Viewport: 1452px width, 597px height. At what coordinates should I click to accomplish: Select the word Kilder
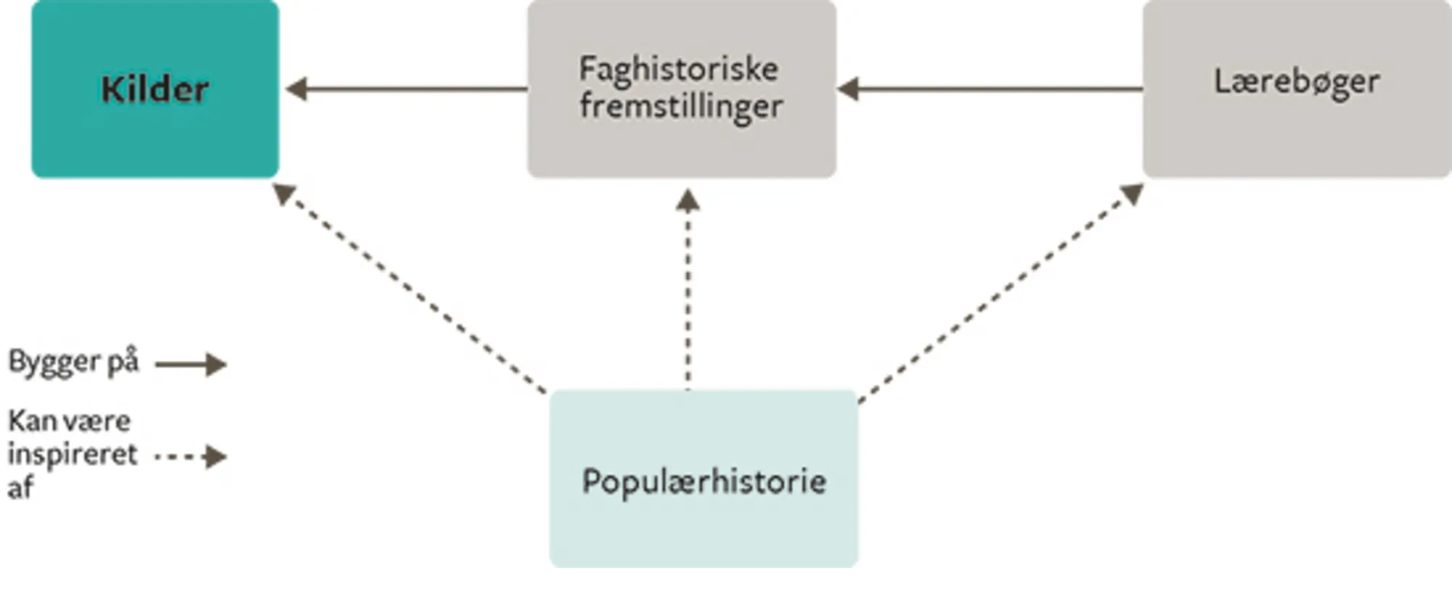pyautogui.click(x=155, y=89)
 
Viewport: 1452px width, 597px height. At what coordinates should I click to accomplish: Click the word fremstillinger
pyautogui.click(x=681, y=107)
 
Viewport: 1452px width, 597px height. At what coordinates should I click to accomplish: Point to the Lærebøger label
pyautogui.click(x=1297, y=81)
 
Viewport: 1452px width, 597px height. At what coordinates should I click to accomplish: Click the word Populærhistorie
pyautogui.click(x=703, y=482)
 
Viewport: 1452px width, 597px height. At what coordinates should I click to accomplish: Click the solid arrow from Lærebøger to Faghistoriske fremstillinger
pyautogui.click(x=995, y=89)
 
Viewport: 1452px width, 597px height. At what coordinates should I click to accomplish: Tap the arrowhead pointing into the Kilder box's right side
pyautogui.click(x=296, y=89)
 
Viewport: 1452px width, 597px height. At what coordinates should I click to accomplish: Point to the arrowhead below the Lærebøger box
pyautogui.click(x=1133, y=193)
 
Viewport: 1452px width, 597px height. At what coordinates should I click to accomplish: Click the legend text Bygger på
pyautogui.click(x=73, y=361)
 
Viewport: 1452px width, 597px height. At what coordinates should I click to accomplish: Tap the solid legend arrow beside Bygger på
pyautogui.click(x=191, y=364)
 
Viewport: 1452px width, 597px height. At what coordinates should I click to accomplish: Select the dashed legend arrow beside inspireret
pyautogui.click(x=191, y=457)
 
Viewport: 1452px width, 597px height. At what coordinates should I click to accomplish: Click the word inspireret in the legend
pyautogui.click(x=72, y=455)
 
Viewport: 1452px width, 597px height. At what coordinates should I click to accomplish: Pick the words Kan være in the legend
pyautogui.click(x=69, y=421)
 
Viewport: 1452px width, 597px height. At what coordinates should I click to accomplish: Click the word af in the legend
pyautogui.click(x=20, y=487)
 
